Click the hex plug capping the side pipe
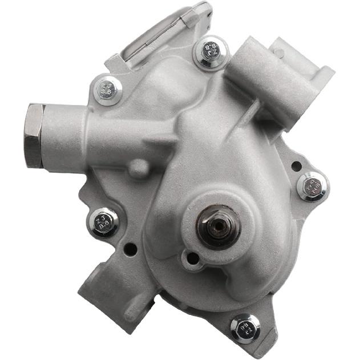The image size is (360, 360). [34, 135]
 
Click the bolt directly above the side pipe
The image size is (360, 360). [108, 90]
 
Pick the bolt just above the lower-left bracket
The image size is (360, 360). [104, 221]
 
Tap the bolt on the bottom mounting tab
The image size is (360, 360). [245, 327]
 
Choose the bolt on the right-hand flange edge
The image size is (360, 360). [313, 186]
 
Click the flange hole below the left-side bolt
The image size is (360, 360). [131, 249]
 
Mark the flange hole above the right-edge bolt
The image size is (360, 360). [296, 166]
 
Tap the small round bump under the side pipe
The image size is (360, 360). [139, 168]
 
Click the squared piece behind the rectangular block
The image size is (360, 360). [302, 63]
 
